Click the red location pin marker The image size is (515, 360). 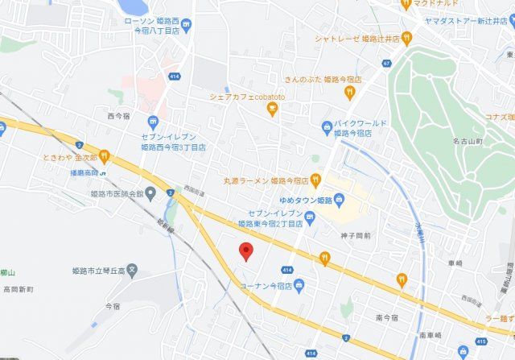247,251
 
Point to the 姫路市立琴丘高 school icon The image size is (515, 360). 134,269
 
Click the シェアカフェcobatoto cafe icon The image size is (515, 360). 271,110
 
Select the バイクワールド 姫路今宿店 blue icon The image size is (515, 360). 326,126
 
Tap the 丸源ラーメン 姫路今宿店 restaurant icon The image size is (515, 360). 315,180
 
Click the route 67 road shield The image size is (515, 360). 387,63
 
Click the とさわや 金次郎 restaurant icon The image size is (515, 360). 104,156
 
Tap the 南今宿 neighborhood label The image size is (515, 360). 386,317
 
